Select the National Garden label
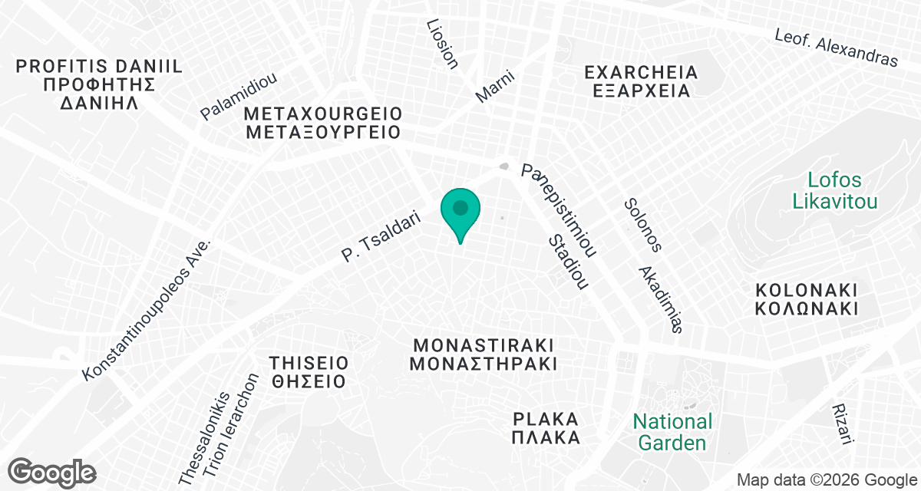[672, 432]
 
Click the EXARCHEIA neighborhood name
[641, 81]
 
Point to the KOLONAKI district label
[805, 300]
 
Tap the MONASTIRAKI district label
[483, 354]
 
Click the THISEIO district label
[309, 371]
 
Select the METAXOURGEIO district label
[323, 123]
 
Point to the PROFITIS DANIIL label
[99, 84]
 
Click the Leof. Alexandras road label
[836, 48]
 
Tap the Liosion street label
[442, 44]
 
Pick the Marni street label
[494, 86]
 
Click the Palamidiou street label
[238, 97]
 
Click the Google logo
[52, 472]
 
